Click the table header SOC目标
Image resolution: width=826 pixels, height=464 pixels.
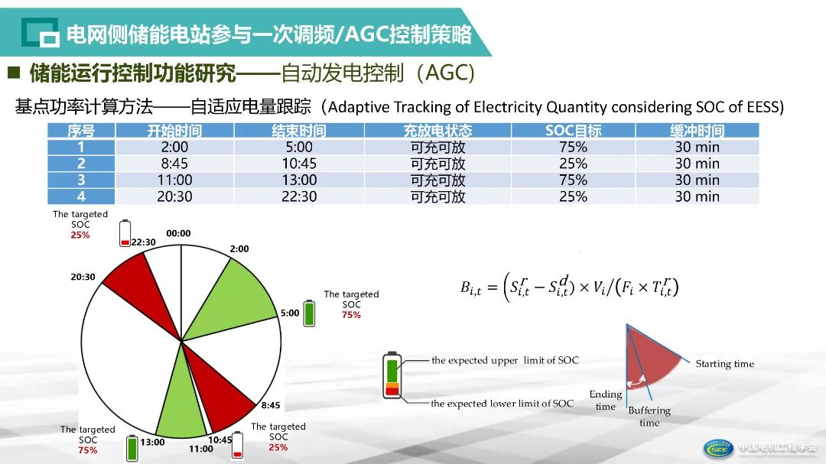[x=573, y=131]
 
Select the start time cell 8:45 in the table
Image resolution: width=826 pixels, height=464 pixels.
[x=175, y=164]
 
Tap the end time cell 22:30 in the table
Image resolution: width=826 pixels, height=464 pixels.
[x=298, y=196]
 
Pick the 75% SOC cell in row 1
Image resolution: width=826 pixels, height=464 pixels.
[x=573, y=147]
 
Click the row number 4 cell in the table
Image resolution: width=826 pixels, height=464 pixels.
[x=81, y=196]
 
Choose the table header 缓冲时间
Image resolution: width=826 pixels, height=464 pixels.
[x=697, y=131]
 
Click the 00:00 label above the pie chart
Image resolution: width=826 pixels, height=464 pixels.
[x=178, y=233]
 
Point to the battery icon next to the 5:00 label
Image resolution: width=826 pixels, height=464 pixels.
[x=310, y=313]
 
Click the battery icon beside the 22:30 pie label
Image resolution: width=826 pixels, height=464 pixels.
[x=125, y=234]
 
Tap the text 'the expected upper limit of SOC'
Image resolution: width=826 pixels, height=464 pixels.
[x=505, y=360]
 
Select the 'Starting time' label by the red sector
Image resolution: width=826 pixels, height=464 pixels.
[x=724, y=364]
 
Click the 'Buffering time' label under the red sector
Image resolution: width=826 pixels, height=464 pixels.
[x=649, y=417]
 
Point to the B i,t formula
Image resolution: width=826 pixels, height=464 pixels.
[x=569, y=287]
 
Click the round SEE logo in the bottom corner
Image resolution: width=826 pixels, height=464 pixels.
[x=718, y=448]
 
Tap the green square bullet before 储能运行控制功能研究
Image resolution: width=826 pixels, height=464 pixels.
[x=14, y=73]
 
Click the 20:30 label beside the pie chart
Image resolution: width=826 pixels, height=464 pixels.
[x=83, y=277]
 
